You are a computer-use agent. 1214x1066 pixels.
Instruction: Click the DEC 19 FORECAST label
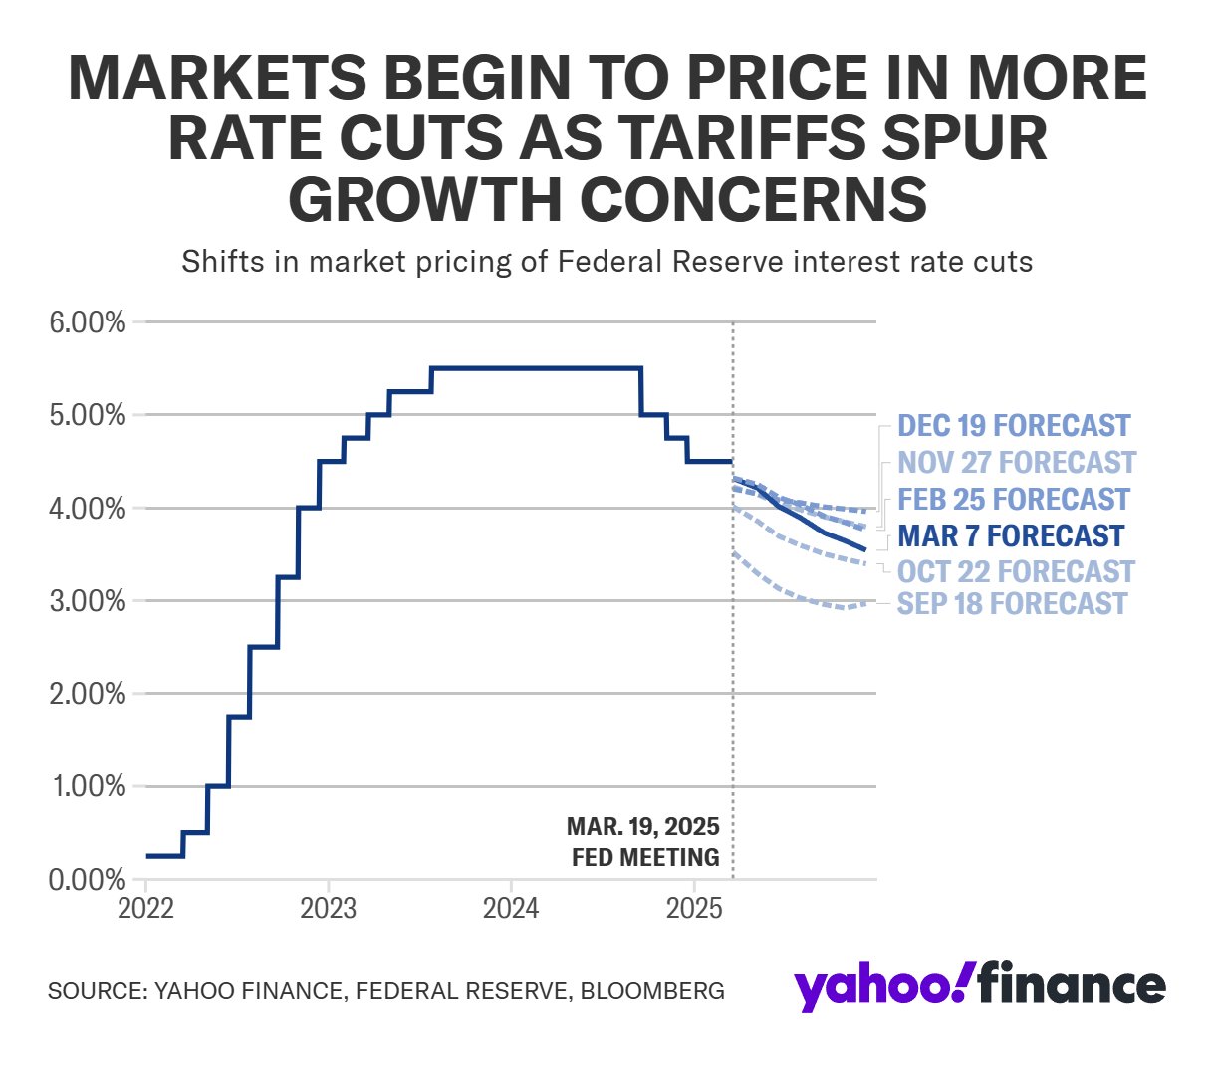[x=1014, y=426]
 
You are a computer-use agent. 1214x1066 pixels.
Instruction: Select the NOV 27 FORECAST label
[x=1016, y=463]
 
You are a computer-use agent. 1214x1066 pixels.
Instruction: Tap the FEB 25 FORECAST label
[x=1014, y=499]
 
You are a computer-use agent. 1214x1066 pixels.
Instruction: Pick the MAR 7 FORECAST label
[x=1011, y=535]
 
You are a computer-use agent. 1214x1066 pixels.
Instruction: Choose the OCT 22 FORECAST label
[x=1016, y=571]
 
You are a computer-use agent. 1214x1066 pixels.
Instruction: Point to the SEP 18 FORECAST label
[x=1012, y=603]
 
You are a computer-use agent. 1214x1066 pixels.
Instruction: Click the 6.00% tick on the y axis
[x=88, y=322]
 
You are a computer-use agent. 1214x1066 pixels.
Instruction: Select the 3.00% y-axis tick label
[x=88, y=601]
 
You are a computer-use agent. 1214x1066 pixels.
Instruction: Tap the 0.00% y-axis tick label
[x=88, y=880]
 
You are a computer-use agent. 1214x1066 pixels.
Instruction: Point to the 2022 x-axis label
[x=145, y=909]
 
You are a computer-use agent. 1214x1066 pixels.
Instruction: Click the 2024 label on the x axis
[x=511, y=909]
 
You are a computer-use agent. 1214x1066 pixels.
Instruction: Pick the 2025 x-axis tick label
[x=693, y=909]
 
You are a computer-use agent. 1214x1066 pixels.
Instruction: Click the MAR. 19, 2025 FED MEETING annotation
[x=644, y=842]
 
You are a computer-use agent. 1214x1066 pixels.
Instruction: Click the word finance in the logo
[x=1071, y=985]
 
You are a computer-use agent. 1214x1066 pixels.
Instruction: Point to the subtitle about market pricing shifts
[x=607, y=263]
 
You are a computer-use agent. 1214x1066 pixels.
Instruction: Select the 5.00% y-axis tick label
[x=88, y=415]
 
